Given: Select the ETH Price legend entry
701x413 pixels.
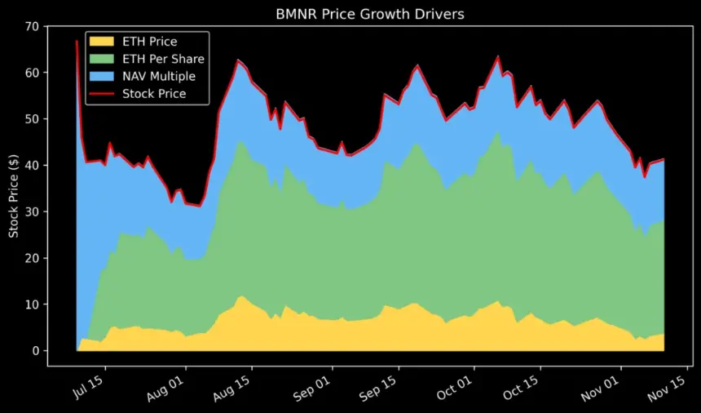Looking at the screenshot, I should [x=149, y=42].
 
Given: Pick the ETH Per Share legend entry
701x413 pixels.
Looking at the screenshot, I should [x=163, y=59].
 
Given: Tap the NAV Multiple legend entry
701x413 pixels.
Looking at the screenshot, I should [x=160, y=76].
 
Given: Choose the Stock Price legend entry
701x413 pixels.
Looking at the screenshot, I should [x=154, y=94].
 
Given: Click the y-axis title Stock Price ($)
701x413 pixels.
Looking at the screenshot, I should [x=14, y=189].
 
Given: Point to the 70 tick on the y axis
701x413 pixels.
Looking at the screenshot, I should [x=32, y=26].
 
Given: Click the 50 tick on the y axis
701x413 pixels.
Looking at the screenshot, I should [x=32, y=119].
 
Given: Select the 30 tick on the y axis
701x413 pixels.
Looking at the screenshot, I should [x=32, y=212].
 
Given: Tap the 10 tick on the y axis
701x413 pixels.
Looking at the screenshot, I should [x=32, y=304].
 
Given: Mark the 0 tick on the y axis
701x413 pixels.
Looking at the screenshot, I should [x=35, y=351].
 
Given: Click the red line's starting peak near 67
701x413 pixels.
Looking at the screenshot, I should [x=77, y=41].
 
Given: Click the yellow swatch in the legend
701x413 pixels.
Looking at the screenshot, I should [x=101, y=42].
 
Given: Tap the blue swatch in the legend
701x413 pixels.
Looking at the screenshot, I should [x=101, y=76].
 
